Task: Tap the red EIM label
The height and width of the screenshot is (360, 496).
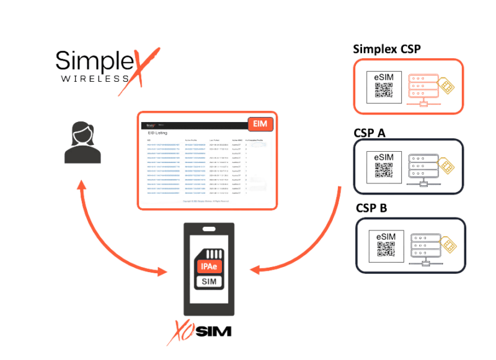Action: click(259, 124)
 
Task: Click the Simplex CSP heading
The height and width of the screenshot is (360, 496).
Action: click(386, 50)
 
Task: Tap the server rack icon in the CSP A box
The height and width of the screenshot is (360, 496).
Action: click(423, 168)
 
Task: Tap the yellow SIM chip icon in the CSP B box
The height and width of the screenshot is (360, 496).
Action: click(449, 245)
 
